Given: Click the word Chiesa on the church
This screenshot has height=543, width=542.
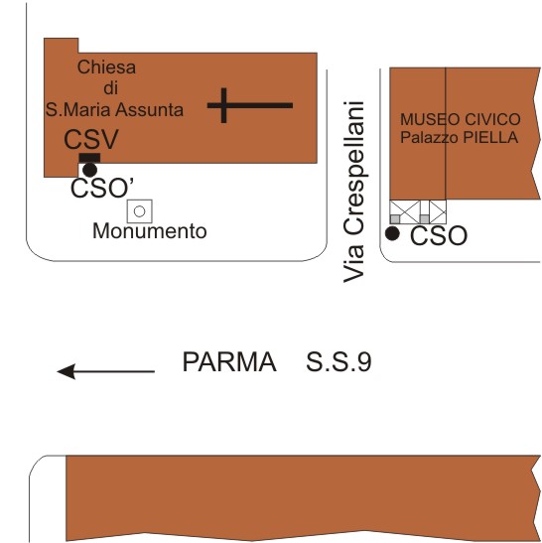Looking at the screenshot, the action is (x=106, y=67).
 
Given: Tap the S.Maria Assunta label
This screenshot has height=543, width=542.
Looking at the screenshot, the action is (x=114, y=109).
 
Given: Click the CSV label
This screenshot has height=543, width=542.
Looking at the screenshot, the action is (x=91, y=139).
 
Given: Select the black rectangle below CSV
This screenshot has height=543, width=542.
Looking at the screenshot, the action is (x=89, y=158).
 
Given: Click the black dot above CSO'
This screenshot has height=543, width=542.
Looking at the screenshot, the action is (x=89, y=170).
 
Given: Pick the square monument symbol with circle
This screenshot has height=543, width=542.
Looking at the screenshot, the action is (x=140, y=211).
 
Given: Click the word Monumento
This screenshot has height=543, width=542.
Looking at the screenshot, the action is (x=150, y=231).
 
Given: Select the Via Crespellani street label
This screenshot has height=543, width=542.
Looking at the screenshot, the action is (x=354, y=192).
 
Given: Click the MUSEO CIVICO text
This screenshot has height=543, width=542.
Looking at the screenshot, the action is (x=461, y=119).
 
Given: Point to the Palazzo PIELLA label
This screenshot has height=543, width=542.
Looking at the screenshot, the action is (x=460, y=137).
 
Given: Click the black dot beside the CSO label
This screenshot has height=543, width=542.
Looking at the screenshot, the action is (x=392, y=233).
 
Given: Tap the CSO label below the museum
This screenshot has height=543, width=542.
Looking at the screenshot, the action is (x=439, y=235).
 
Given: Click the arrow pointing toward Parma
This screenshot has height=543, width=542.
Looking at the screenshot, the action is (x=105, y=371).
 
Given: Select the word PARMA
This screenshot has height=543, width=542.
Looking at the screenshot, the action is (x=229, y=361).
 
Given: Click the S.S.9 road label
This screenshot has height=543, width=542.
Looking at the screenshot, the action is (x=339, y=361).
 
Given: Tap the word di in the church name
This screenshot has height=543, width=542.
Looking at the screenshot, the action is (x=110, y=87).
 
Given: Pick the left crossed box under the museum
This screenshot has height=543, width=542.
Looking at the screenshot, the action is (x=404, y=211).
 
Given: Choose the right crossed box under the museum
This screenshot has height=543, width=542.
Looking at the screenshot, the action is (x=438, y=211).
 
